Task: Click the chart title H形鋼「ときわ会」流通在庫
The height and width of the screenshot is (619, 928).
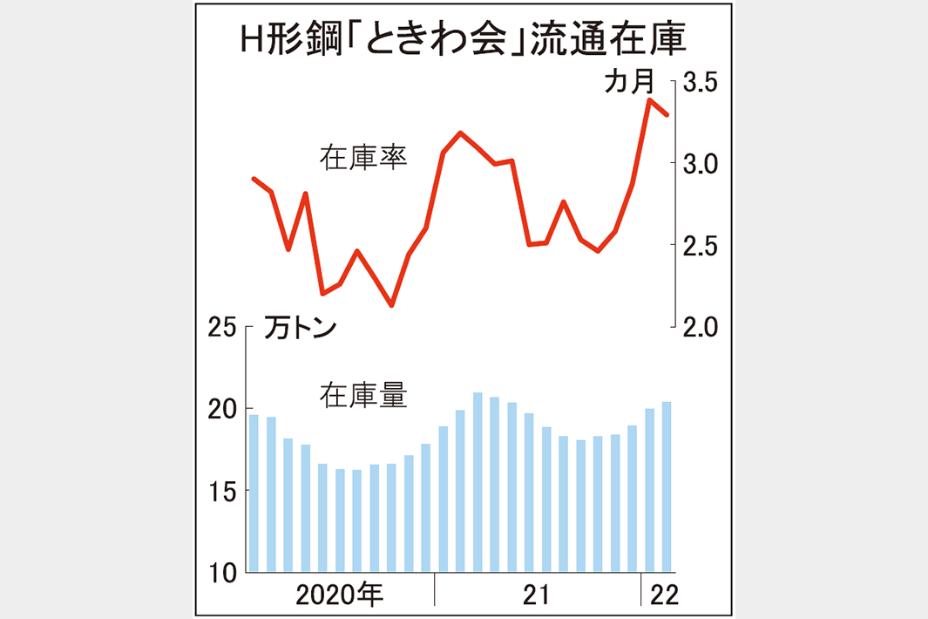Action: tap(463, 41)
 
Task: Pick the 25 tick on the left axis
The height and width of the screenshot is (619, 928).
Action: tap(223, 329)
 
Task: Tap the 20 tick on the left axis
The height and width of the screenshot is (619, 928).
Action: tap(223, 410)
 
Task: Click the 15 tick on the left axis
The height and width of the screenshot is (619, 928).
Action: tap(223, 492)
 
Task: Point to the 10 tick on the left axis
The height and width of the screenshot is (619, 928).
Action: tap(223, 573)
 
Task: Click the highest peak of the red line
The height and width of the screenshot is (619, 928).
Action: tap(650, 100)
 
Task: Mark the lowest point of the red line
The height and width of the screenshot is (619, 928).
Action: tap(391, 305)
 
